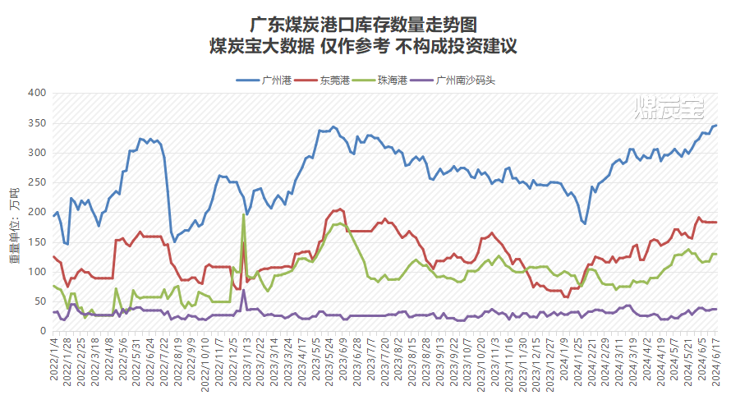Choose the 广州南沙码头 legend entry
point(465,80)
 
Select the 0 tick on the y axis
point(42,331)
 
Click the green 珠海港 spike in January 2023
point(243,215)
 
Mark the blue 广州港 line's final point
point(715,126)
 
